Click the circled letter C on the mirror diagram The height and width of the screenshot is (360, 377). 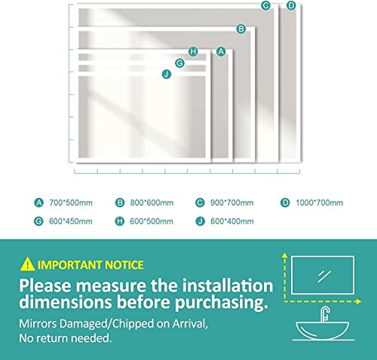265,5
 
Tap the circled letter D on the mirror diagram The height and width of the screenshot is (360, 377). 291,5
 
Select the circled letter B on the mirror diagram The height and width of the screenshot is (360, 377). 241,29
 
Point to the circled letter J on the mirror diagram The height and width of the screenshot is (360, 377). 167,73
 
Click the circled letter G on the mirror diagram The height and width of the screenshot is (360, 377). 179,63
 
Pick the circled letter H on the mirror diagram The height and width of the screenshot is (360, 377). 193,51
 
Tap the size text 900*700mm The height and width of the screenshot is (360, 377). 234,203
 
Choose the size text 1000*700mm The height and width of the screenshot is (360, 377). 318,203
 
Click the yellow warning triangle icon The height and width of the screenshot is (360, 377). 27,264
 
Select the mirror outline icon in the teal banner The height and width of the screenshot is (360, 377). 322,275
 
